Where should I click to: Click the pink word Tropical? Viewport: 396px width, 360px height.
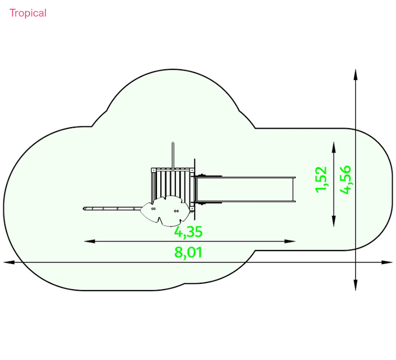pyautogui.click(x=28, y=13)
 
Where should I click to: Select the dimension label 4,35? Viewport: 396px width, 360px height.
pyautogui.click(x=188, y=232)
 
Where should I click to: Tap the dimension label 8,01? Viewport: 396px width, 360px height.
pyautogui.click(x=188, y=252)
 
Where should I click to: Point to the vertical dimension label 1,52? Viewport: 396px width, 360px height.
pyautogui.click(x=321, y=179)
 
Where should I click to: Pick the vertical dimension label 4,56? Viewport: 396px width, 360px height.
pyautogui.click(x=345, y=179)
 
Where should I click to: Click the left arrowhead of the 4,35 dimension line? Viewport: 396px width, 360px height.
pyautogui.click(x=90, y=241)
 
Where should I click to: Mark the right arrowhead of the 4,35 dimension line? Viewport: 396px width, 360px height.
pyautogui.click(x=290, y=241)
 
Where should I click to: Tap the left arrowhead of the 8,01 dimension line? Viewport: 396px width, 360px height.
pyautogui.click(x=9, y=262)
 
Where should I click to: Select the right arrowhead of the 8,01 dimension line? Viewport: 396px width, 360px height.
pyautogui.click(x=387, y=262)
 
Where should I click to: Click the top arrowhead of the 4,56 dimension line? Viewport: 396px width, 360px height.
pyautogui.click(x=355, y=75)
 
